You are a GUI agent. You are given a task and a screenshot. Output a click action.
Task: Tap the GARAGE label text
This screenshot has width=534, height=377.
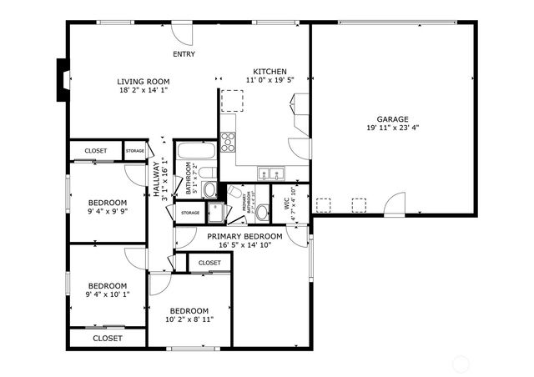[x=392, y=118]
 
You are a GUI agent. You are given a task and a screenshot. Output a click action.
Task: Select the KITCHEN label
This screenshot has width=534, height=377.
[x=270, y=72]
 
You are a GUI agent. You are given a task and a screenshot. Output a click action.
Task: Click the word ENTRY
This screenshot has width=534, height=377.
[x=184, y=54]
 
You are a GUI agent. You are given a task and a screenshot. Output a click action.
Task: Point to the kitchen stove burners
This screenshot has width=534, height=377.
[x=228, y=140]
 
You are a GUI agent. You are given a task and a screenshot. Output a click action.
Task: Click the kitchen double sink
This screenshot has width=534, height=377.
[x=270, y=174]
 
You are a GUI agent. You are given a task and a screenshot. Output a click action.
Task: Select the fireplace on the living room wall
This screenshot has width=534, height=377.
[x=62, y=80]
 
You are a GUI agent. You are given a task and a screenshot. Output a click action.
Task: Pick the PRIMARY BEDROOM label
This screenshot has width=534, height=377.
[x=244, y=237]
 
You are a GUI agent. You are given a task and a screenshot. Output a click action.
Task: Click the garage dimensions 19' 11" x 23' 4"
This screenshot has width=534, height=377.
[x=392, y=128]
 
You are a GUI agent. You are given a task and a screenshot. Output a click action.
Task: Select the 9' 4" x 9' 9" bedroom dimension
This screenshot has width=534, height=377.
[x=108, y=212]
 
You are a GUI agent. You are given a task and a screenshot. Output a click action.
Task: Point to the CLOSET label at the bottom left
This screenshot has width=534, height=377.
[x=107, y=339]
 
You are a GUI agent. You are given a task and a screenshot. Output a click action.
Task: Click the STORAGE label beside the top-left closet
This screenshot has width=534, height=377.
[x=134, y=151]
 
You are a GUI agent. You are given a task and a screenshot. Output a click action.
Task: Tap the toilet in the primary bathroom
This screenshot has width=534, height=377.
[x=262, y=212]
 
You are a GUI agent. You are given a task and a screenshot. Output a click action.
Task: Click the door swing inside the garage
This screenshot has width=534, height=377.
[x=394, y=203]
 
